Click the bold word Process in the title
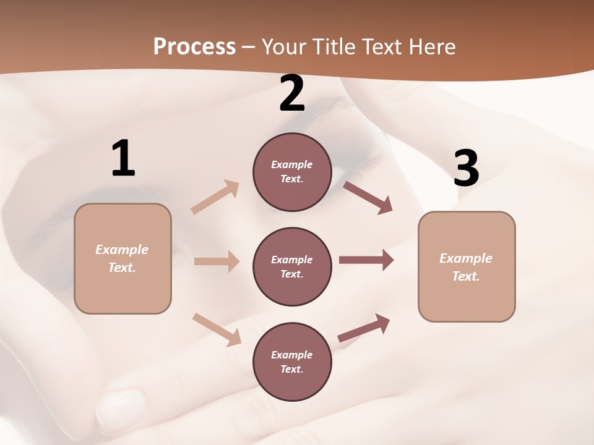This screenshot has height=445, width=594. point(194,46)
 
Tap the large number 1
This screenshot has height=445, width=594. point(123,158)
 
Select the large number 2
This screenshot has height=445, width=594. point(292,93)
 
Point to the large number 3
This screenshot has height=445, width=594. point(466,168)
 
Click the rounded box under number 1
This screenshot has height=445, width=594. point(123,258)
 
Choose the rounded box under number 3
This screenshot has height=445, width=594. point(467,266)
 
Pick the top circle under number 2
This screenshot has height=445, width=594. point(292,172)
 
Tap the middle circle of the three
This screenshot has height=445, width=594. point(292,266)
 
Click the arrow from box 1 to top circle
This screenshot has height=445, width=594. point(215,197)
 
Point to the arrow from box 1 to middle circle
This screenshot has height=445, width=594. point(217,261)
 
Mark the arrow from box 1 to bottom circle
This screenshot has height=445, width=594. point(217,329)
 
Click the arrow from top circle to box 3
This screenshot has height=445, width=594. point(368,197)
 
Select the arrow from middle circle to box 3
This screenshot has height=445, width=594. point(366,260)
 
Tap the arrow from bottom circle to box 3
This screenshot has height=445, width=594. point(364,328)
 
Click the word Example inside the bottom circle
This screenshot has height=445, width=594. point(291,355)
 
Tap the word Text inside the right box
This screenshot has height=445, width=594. point(465,276)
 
